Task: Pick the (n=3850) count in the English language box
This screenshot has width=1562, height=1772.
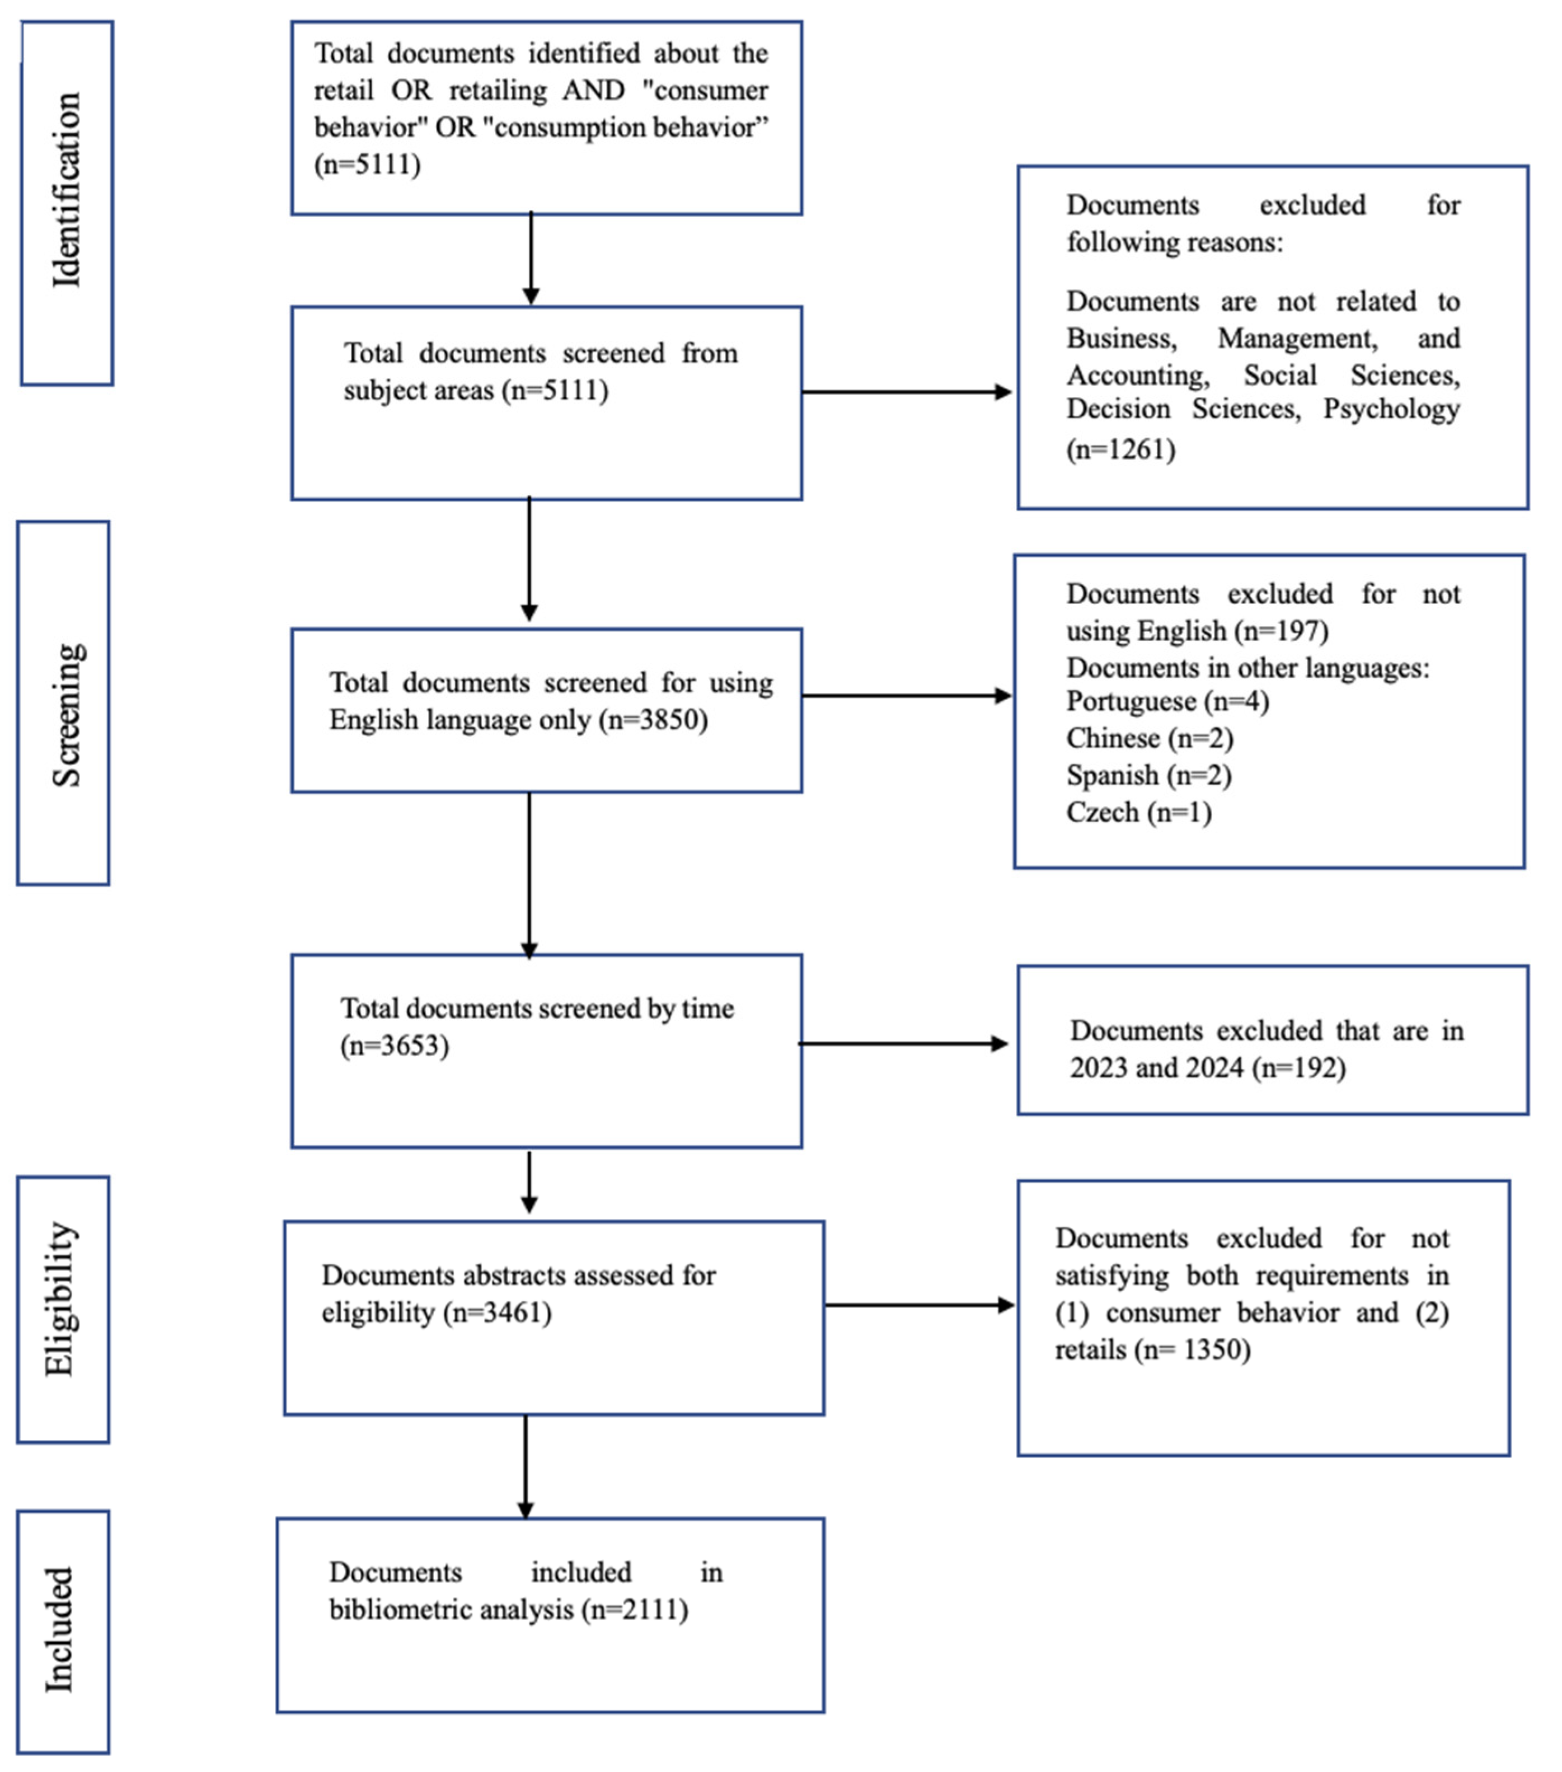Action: (654, 720)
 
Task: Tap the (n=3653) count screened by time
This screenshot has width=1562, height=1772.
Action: (395, 1046)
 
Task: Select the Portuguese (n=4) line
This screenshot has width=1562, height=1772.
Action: (1167, 701)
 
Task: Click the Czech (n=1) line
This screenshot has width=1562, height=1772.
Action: (1138, 812)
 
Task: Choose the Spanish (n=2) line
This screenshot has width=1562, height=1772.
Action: (1148, 775)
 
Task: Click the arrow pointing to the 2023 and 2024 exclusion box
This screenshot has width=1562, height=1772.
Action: (902, 1044)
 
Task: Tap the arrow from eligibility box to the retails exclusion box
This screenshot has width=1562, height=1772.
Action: (919, 1305)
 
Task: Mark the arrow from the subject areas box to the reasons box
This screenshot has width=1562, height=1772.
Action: (906, 392)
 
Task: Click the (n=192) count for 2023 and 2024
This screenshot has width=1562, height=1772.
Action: (1298, 1067)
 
